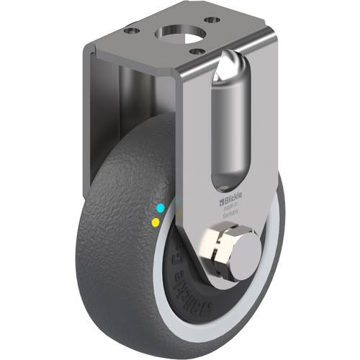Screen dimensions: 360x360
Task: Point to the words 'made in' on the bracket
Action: pyautogui.click(x=228, y=201)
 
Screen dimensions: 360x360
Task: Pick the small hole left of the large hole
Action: pyautogui.click(x=132, y=31)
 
